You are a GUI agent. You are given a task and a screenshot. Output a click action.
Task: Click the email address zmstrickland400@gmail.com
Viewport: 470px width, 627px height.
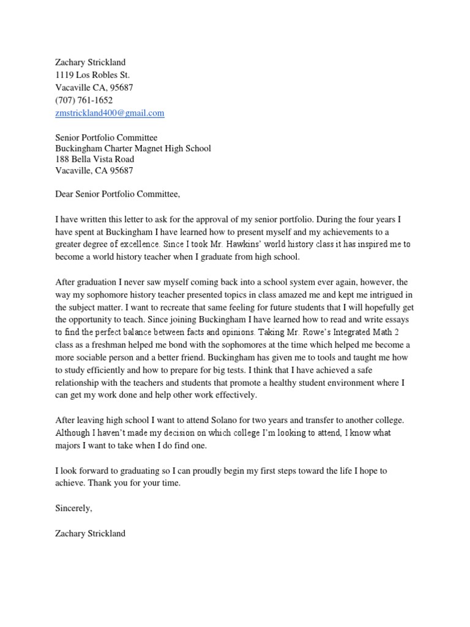(x=110, y=113)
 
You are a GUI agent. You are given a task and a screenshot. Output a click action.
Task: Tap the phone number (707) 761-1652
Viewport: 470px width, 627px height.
(x=84, y=100)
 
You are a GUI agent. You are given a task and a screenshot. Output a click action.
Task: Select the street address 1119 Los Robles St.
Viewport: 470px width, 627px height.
(x=92, y=75)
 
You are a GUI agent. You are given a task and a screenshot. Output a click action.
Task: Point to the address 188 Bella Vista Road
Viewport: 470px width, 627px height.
(x=95, y=159)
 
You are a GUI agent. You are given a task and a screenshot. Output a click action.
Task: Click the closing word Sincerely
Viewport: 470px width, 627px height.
(x=73, y=508)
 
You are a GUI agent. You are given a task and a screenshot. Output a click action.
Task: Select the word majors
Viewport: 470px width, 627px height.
(x=70, y=445)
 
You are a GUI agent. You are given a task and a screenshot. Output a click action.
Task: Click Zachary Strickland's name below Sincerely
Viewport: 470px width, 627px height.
(x=90, y=533)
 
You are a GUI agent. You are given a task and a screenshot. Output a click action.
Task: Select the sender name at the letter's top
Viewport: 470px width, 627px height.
(x=90, y=62)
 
